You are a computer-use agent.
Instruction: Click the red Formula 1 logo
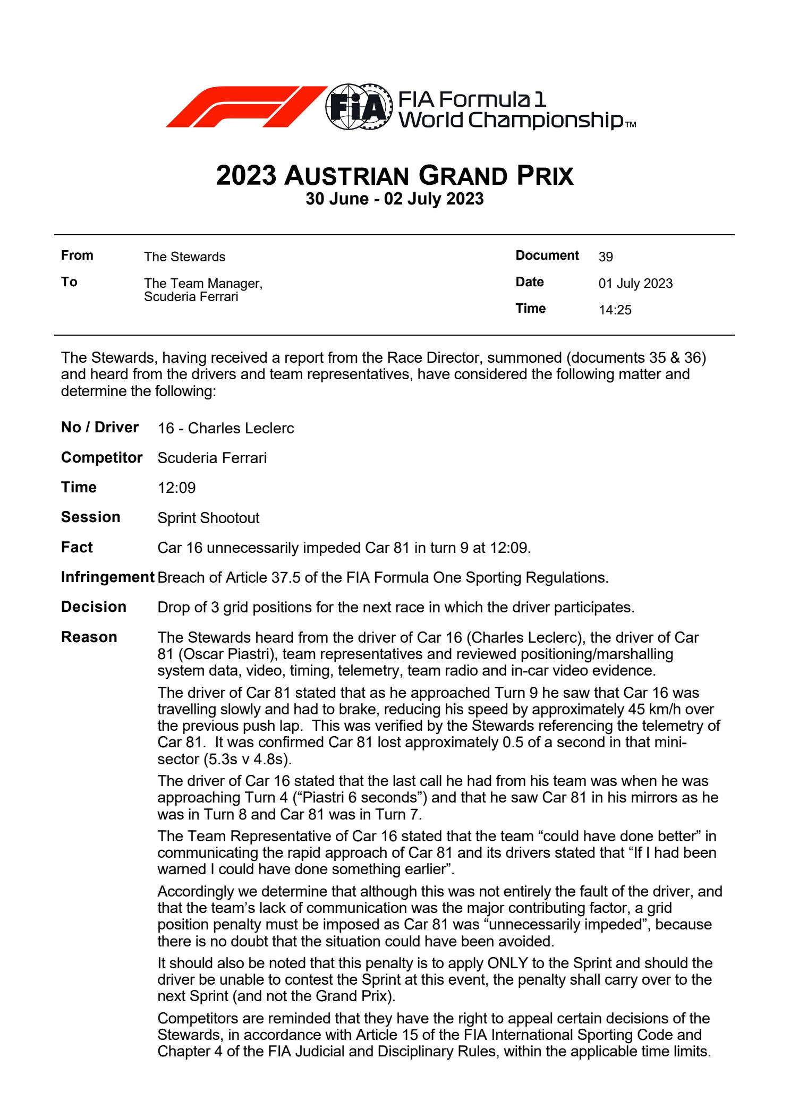click(245, 106)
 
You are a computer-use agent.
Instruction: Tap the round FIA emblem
click(359, 107)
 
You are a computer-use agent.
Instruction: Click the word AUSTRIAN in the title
click(346, 176)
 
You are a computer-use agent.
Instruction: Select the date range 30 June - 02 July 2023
click(394, 199)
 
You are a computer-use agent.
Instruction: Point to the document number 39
click(605, 257)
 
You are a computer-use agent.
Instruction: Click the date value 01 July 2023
click(635, 284)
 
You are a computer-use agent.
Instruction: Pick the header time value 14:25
click(615, 310)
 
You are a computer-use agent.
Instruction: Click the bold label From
click(77, 255)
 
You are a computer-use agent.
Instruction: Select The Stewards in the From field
click(184, 257)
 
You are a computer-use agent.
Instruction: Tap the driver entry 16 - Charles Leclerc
click(225, 429)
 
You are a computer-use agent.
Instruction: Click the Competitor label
click(101, 458)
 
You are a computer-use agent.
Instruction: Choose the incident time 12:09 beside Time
click(176, 488)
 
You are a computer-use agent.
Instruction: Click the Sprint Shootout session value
click(208, 518)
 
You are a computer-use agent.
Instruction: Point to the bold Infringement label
click(107, 577)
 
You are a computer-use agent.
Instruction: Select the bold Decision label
click(94, 607)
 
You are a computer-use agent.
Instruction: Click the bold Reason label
click(89, 637)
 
